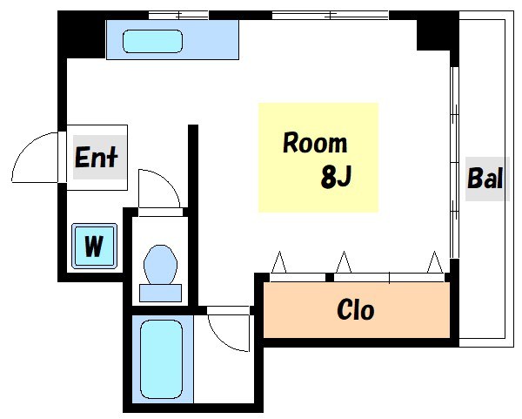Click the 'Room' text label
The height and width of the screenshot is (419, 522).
314,143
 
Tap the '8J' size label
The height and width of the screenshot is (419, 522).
335,177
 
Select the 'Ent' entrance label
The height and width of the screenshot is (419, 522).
97,159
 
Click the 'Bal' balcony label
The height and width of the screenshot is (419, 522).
485,179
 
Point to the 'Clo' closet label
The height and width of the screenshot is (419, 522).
356,309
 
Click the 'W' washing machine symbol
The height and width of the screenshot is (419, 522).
93,246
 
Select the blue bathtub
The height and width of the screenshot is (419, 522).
161,357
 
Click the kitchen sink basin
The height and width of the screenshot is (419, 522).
152,40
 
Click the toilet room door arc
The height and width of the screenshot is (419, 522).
160,191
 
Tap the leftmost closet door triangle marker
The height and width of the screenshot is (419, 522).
279,262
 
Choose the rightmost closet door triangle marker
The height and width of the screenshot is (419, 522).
434,262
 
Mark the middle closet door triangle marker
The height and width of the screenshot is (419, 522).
343,262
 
